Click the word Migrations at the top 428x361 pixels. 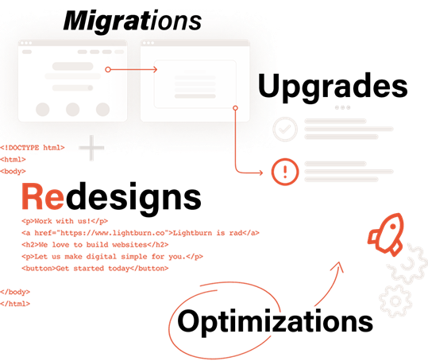coord(133,21)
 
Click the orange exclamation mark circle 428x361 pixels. coord(285,172)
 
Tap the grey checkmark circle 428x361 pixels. coord(285,130)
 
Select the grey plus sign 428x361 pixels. coord(91,148)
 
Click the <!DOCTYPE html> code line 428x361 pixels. coord(33,148)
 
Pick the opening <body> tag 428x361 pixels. coord(13,171)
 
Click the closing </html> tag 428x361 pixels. coord(15,304)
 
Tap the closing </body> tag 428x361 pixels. coord(15,292)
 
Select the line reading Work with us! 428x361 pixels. coord(64,221)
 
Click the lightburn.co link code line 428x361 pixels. coord(141,233)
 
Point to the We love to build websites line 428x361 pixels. coord(95,245)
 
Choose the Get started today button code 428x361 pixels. coord(95,268)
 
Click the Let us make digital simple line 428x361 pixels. coord(112,257)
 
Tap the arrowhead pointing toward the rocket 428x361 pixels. coord(338,266)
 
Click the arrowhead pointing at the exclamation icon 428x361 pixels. coord(260,173)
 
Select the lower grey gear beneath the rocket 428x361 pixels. coord(395,301)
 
